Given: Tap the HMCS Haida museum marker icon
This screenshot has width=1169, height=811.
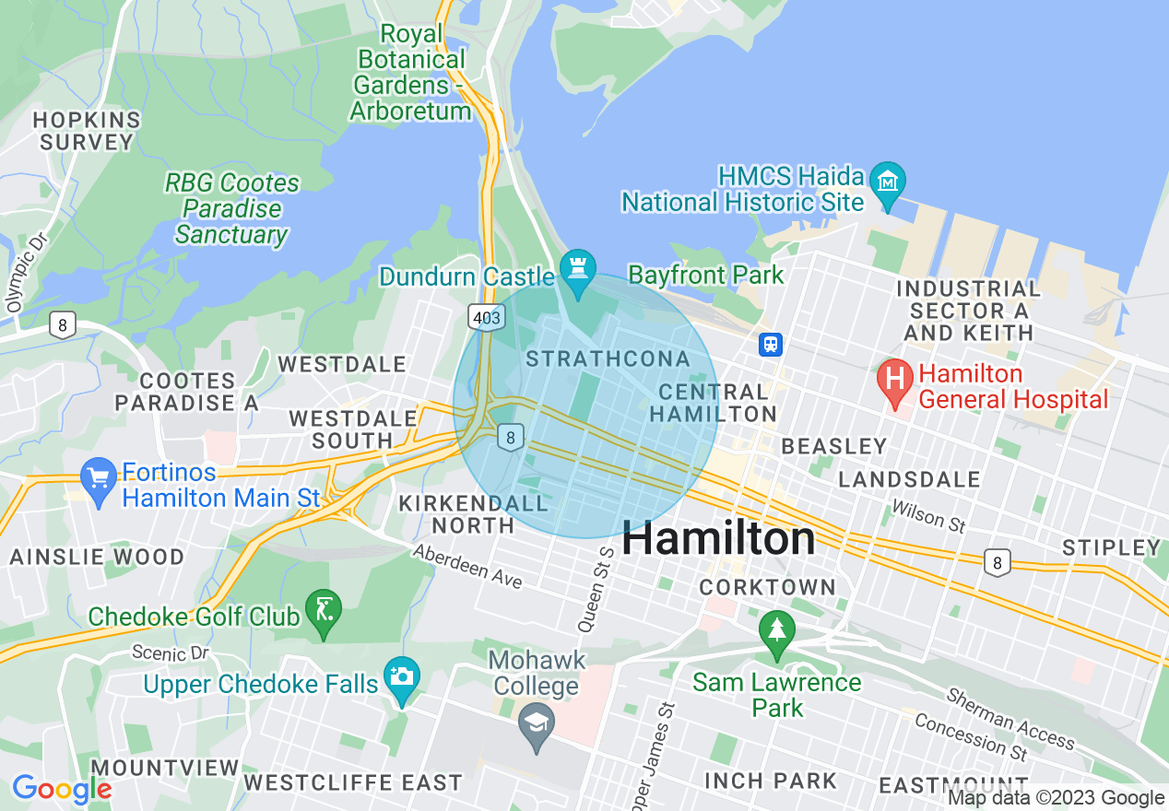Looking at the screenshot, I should [888, 178].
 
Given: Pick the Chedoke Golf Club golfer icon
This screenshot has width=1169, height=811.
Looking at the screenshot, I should [324, 611].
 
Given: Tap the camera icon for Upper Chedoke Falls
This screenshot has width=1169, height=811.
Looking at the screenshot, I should [402, 677].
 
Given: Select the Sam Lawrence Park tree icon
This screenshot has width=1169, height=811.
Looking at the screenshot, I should [776, 632].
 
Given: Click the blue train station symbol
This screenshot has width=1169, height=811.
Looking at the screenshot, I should [771, 344].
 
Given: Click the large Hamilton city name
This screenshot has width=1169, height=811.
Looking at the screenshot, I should [718, 539].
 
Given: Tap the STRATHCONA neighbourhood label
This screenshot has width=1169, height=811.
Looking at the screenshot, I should [608, 359].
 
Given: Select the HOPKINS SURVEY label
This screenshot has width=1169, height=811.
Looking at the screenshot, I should [88, 131].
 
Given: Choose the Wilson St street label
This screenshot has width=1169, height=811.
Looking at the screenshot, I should [928, 517].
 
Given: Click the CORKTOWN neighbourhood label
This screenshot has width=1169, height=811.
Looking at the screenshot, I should [767, 587].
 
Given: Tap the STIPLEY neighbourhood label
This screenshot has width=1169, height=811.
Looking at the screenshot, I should [1111, 547].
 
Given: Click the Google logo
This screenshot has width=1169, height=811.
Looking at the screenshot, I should [62, 789].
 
